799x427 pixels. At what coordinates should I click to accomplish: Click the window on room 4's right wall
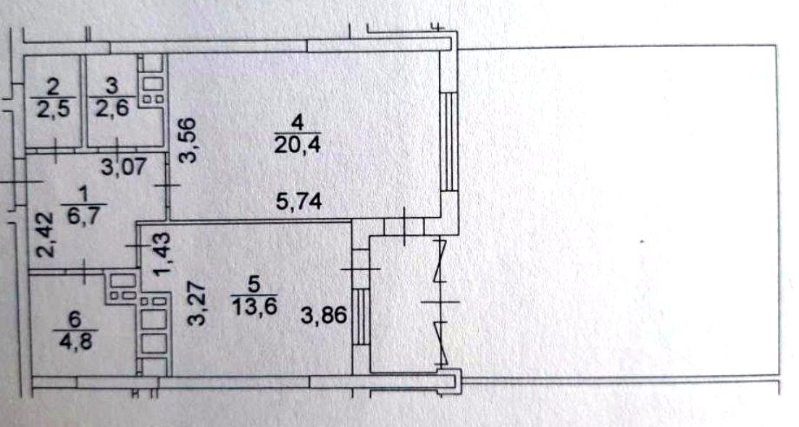pos(449,141)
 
